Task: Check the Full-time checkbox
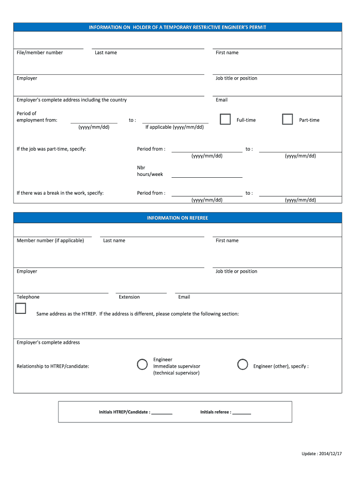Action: click(x=225, y=119)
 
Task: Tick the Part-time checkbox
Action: click(x=288, y=119)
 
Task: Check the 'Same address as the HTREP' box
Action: click(x=21, y=308)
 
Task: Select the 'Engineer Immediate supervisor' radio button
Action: click(x=142, y=364)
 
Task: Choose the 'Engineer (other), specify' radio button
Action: click(x=242, y=364)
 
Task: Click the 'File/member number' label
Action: click(x=40, y=53)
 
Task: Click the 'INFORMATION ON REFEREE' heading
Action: click(x=178, y=218)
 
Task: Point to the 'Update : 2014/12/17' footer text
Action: click(x=322, y=454)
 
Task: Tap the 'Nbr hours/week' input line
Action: click(x=207, y=176)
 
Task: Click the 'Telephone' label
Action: click(x=28, y=297)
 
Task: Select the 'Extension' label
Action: click(x=129, y=297)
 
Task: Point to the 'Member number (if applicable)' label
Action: click(x=50, y=240)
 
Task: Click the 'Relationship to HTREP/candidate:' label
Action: click(x=53, y=366)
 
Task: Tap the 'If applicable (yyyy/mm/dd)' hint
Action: click(x=174, y=127)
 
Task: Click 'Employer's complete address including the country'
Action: click(x=72, y=100)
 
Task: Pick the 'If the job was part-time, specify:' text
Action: click(x=51, y=149)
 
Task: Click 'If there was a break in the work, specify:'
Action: click(x=60, y=193)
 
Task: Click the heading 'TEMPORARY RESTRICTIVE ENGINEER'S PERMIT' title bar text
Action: click(x=178, y=27)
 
